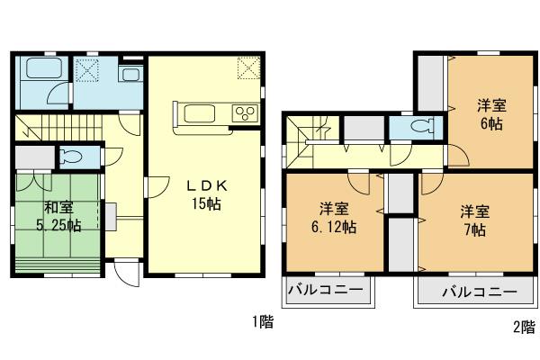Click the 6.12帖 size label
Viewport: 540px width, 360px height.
point(332,228)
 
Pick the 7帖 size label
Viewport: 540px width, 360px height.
point(475,229)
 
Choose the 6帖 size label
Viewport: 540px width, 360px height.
point(490,123)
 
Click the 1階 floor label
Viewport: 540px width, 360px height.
point(263,320)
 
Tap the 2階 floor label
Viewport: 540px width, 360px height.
point(523,327)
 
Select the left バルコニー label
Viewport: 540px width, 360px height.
point(325,292)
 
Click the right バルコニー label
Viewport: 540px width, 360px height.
point(479,292)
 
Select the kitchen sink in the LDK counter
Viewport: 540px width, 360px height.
point(195,113)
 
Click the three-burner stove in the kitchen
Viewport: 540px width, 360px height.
point(245,112)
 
